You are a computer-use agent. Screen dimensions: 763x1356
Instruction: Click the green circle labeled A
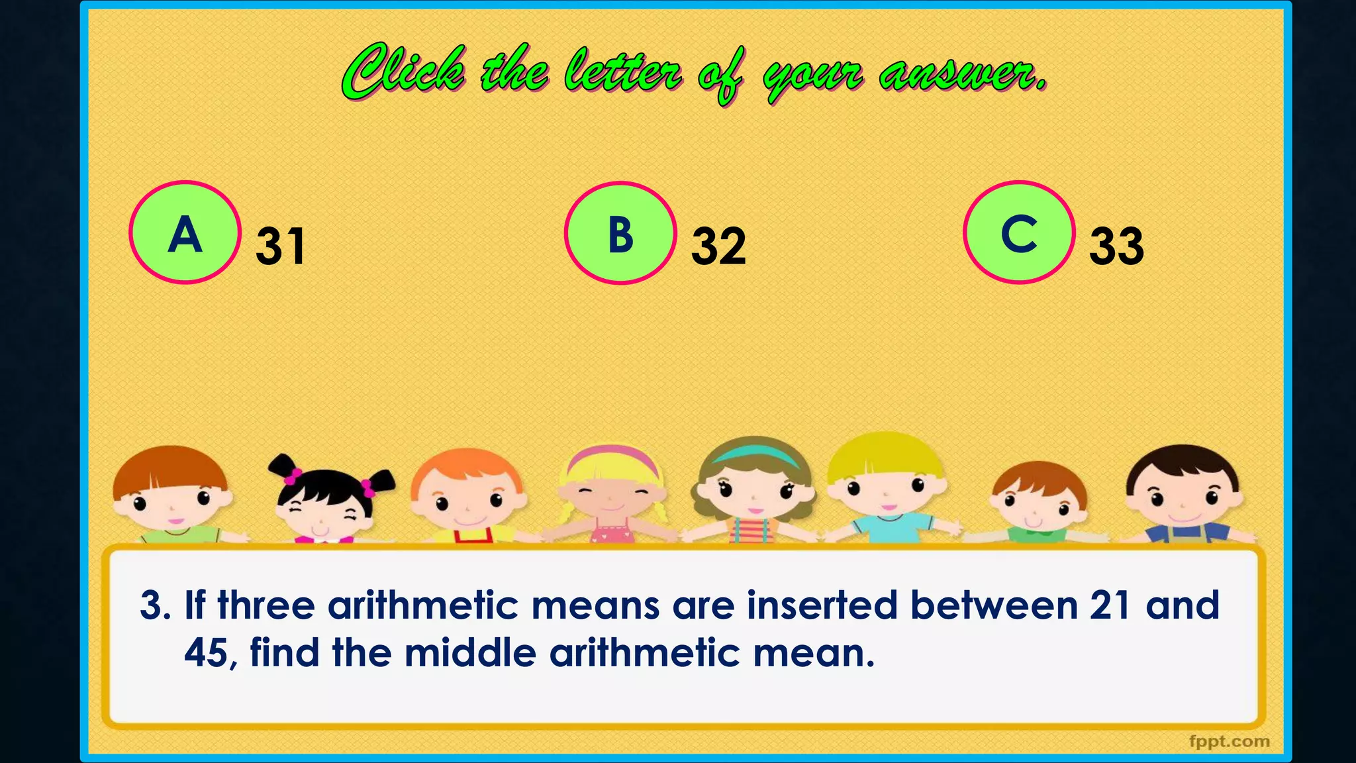click(x=185, y=232)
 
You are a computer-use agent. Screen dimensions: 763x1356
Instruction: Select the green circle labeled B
click(x=620, y=233)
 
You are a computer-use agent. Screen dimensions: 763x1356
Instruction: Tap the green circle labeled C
click(x=1019, y=232)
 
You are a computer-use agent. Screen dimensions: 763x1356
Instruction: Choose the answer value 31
click(x=281, y=246)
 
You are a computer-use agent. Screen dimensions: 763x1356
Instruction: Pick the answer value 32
click(x=718, y=246)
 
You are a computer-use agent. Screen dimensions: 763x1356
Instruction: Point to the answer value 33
click(x=1116, y=246)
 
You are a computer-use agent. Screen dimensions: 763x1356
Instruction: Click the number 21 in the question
click(x=1109, y=605)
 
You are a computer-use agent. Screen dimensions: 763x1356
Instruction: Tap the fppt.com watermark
click(x=1229, y=741)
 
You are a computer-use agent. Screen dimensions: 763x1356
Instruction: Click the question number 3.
click(x=154, y=605)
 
